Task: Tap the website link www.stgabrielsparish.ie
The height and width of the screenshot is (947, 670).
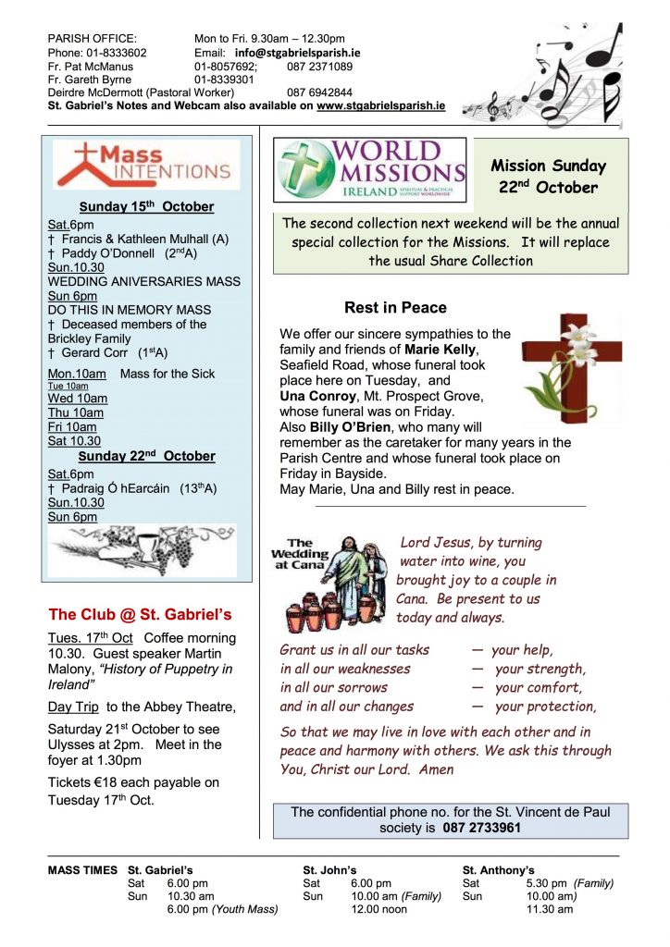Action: coord(380,106)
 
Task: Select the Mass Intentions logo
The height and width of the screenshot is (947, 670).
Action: coord(144,165)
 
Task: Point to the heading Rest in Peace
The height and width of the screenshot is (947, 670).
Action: coord(395,308)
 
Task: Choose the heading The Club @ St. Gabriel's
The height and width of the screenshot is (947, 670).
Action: coord(139,614)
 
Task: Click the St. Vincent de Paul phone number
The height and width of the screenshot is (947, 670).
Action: coord(481,828)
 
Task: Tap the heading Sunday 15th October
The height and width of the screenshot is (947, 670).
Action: coord(146,206)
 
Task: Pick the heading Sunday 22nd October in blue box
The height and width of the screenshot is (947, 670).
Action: coord(146,456)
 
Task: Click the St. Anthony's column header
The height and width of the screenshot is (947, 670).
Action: coord(499,869)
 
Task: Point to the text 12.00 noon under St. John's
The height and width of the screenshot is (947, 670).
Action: coord(379,909)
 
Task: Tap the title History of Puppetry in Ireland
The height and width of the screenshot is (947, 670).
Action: coord(141,677)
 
